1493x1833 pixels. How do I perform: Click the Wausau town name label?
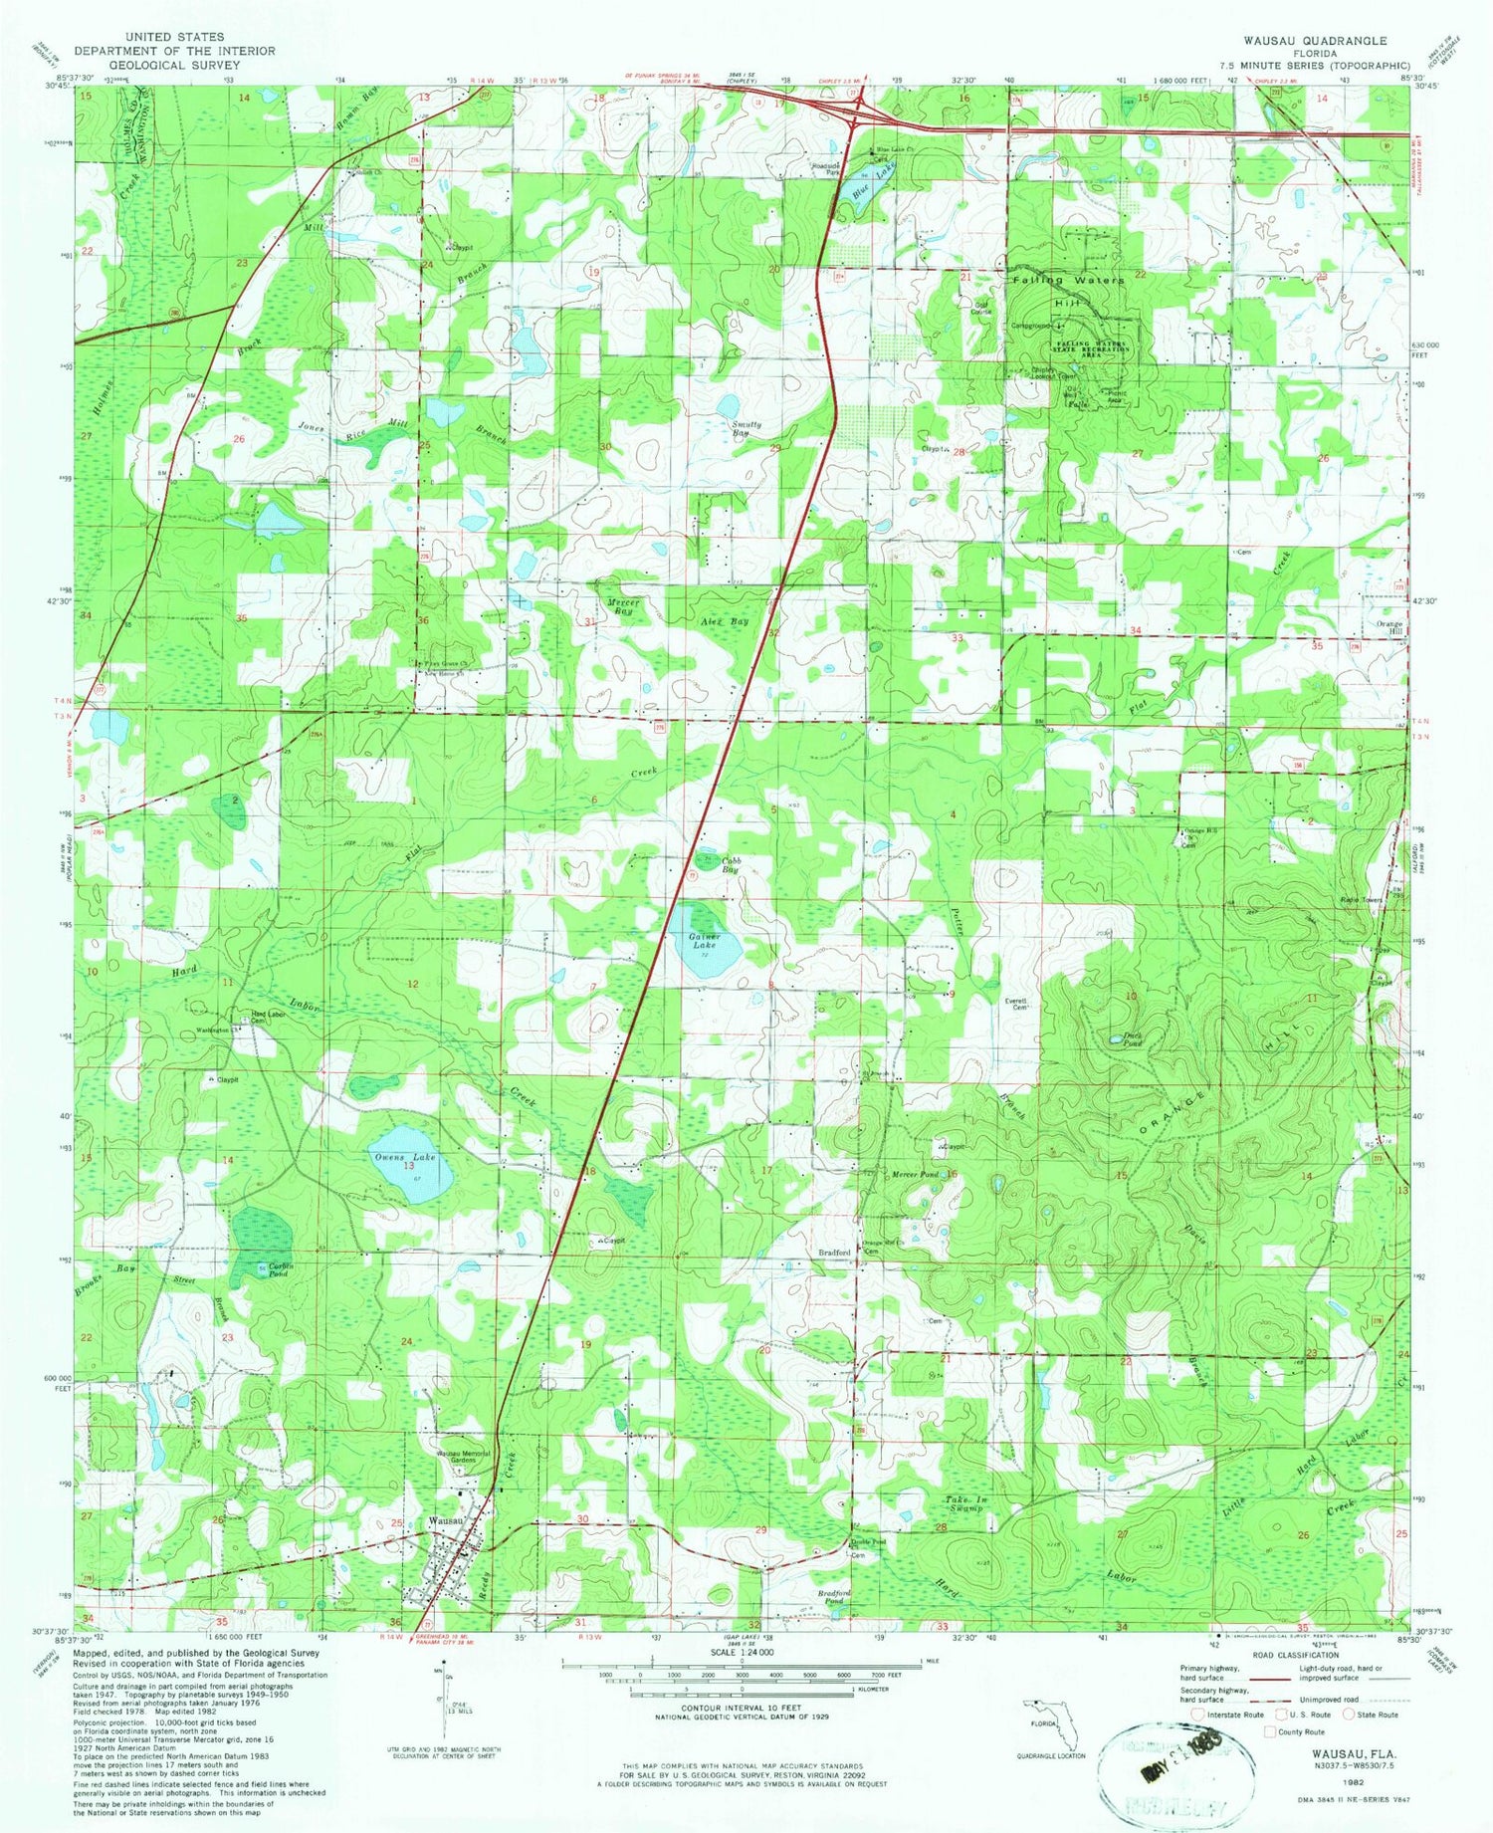click(x=446, y=1521)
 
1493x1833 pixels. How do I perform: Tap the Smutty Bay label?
click(x=746, y=429)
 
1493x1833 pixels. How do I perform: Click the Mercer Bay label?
click(x=623, y=606)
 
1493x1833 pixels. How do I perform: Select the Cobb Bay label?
click(x=733, y=864)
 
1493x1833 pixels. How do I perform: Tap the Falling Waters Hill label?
click(x=1068, y=290)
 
